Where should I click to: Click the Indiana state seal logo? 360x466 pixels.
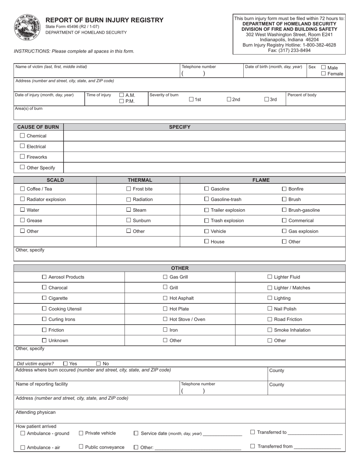pos(27,28)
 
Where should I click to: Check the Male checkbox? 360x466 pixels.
pos(324,67)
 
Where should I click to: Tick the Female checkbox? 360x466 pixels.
pos(324,73)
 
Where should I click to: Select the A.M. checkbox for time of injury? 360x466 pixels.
pos(122,95)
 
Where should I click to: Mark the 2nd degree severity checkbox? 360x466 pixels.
pos(229,99)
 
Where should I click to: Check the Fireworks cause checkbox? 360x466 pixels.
pos(22,156)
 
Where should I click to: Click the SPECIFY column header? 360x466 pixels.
pos(180,127)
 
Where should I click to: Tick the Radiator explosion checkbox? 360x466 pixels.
pos(22,199)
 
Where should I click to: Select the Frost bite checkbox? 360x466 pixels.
pos(128,189)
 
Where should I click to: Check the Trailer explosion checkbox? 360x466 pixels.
pos(207,210)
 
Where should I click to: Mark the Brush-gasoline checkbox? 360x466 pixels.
pos(284,210)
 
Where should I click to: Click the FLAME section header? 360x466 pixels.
pos(261,180)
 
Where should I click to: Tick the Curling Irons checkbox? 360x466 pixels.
pos(44,319)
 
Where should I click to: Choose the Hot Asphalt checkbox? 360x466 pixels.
pos(165,298)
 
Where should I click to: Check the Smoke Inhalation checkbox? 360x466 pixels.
pos(270,330)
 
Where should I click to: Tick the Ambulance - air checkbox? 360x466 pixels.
pos(22,447)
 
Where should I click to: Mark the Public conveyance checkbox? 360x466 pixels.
pos(81,447)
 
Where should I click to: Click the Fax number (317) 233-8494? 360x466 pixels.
pos(289,50)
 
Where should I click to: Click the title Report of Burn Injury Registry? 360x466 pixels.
pos(105,20)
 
